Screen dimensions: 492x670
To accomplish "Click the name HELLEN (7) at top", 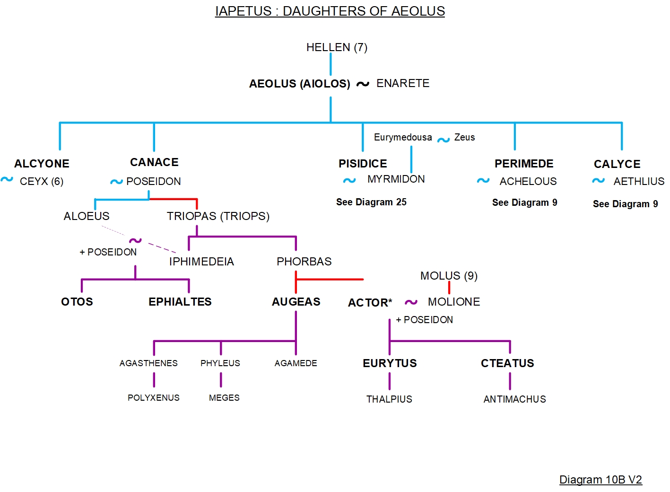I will coord(337,47).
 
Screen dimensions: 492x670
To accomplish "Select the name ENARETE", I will coord(403,83).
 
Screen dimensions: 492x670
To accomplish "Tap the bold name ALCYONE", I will coord(42,164).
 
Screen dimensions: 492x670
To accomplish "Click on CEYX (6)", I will coord(42,182).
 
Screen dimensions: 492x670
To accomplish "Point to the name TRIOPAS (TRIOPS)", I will coord(218,216).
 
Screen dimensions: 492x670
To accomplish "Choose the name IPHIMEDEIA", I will coord(201,262).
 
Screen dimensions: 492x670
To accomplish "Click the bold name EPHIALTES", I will coord(180,302).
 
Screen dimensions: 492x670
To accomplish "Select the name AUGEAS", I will coord(296,302).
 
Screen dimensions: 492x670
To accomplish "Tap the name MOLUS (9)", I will coord(449,276).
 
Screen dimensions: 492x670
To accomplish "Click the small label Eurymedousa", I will coord(403,137).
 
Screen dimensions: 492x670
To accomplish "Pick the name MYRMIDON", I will coord(396,179).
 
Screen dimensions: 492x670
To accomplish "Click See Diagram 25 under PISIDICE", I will coord(371,202).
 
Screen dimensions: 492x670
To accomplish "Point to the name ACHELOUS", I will coord(528,182).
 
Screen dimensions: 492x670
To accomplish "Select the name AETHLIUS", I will coord(638,182).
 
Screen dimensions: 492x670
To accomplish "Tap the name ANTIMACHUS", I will coord(514,399).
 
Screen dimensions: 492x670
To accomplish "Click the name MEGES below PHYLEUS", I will coord(224,398).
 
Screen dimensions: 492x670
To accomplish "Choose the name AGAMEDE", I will coord(296,363).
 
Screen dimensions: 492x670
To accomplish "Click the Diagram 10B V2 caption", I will coord(600,480).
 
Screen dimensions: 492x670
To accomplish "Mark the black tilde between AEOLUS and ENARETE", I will coord(363,84).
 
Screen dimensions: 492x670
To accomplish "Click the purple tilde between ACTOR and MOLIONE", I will coord(411,302).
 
